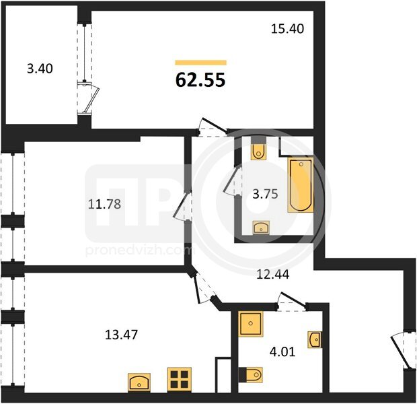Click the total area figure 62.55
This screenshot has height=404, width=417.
[200, 80]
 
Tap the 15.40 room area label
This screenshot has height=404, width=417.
[287, 29]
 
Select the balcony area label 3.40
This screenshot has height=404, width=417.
[40, 69]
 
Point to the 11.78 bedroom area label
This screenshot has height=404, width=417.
[104, 204]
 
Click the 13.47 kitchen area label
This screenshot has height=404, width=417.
[122, 335]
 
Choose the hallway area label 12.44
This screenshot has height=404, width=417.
[272, 274]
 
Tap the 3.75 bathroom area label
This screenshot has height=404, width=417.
[265, 194]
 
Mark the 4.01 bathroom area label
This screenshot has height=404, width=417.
[282, 351]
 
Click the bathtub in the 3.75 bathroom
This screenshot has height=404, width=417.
[301, 184]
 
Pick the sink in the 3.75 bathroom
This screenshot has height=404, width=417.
[261, 228]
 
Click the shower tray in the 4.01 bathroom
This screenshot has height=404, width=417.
[250, 324]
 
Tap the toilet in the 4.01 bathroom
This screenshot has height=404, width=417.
[251, 375]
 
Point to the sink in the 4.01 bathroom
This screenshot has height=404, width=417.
[315, 339]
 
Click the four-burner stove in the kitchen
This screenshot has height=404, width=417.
[180, 380]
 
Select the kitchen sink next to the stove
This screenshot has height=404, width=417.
[139, 382]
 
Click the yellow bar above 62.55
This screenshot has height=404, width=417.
[201, 63]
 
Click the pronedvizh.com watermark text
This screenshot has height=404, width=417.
[140, 250]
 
